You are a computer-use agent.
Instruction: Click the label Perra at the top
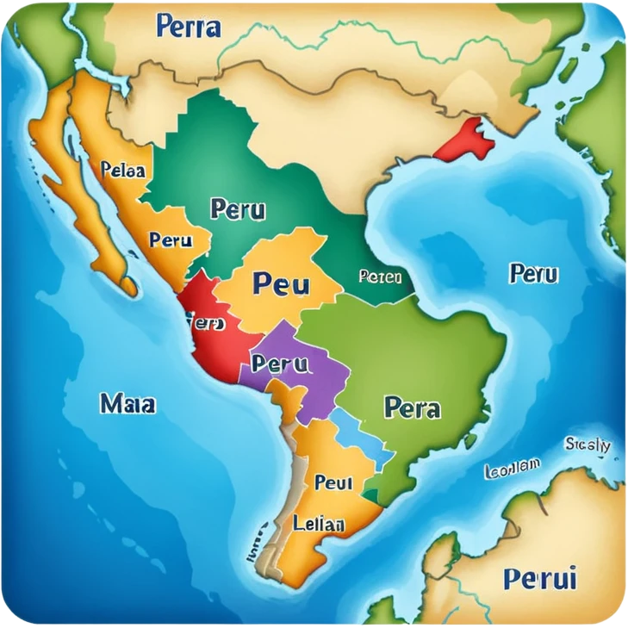click(x=188, y=26)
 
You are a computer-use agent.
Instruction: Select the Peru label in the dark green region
click(x=238, y=209)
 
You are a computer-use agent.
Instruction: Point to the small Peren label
click(x=380, y=277)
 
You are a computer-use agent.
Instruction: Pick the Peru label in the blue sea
click(x=534, y=274)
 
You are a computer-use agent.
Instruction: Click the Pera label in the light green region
click(x=412, y=407)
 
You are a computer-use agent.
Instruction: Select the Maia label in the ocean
click(x=127, y=402)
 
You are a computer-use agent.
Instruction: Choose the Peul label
click(x=333, y=482)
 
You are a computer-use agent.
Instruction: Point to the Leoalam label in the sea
click(x=512, y=468)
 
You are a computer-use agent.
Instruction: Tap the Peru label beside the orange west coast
click(x=171, y=240)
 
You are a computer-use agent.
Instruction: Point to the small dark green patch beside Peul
click(x=370, y=494)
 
